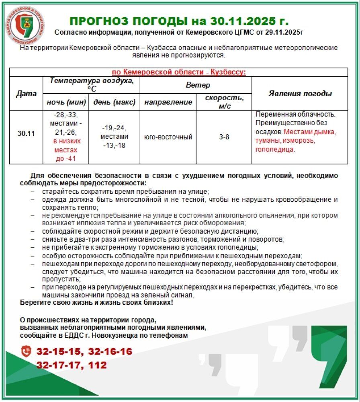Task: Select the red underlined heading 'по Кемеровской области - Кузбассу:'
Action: click(179, 72)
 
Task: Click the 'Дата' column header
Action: click(26, 94)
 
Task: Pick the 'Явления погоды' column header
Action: click(300, 94)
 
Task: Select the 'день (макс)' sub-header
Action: click(114, 102)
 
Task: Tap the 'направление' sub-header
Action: click(168, 102)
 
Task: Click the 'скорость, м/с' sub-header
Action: click(224, 102)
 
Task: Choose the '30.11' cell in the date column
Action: click(26, 133)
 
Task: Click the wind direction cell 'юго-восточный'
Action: click(168, 137)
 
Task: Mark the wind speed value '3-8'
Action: click(224, 137)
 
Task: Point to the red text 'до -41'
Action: click(66, 159)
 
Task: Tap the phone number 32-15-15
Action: click(59, 352)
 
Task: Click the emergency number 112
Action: click(98, 365)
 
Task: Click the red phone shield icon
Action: click(26, 351)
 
